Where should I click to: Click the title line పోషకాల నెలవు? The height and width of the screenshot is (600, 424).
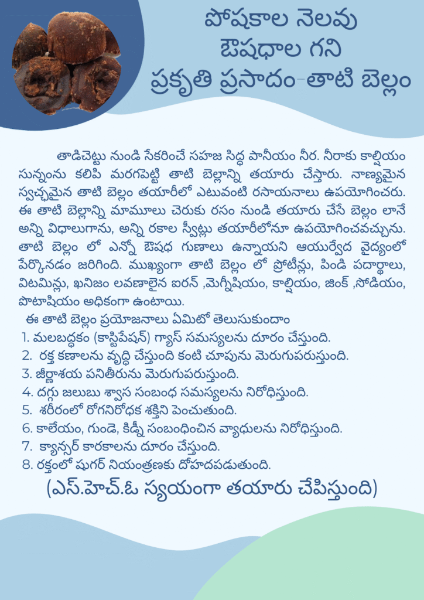(x=281, y=22)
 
